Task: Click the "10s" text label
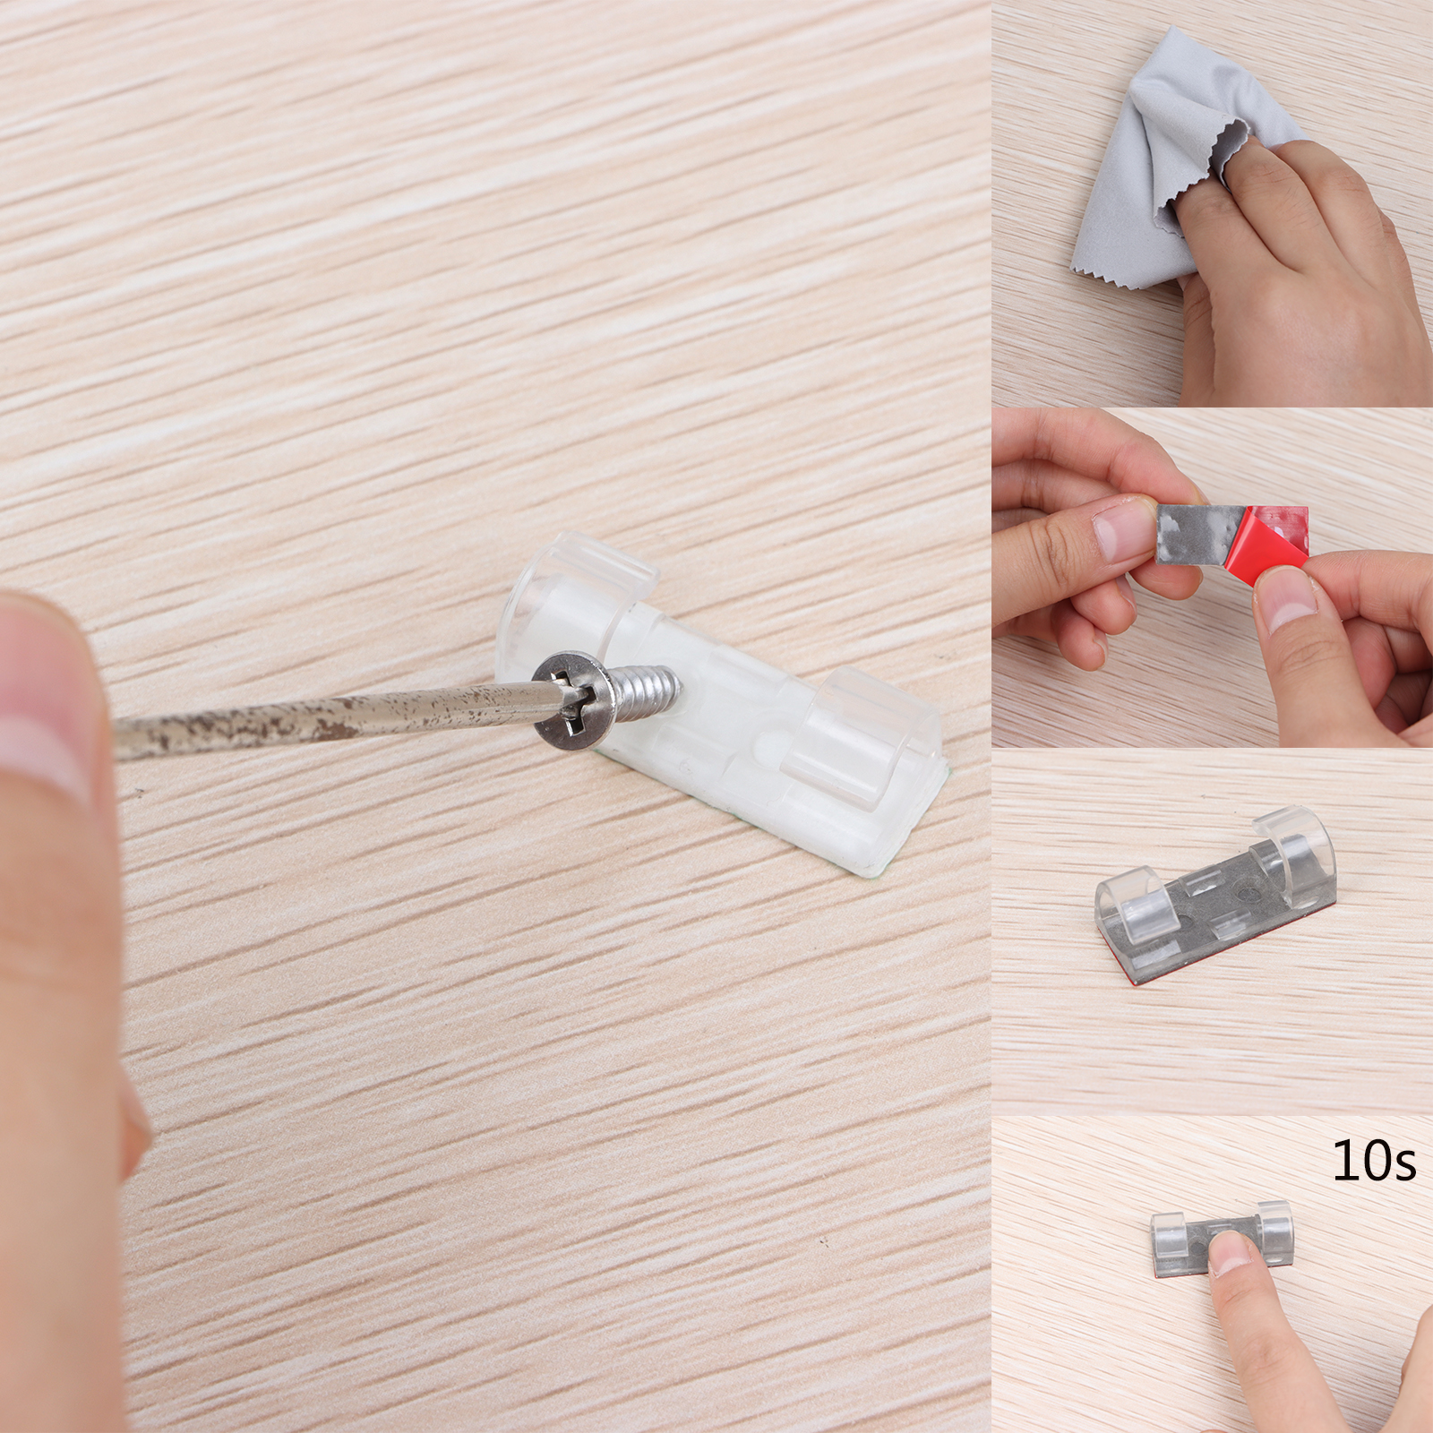coord(1374,1163)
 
